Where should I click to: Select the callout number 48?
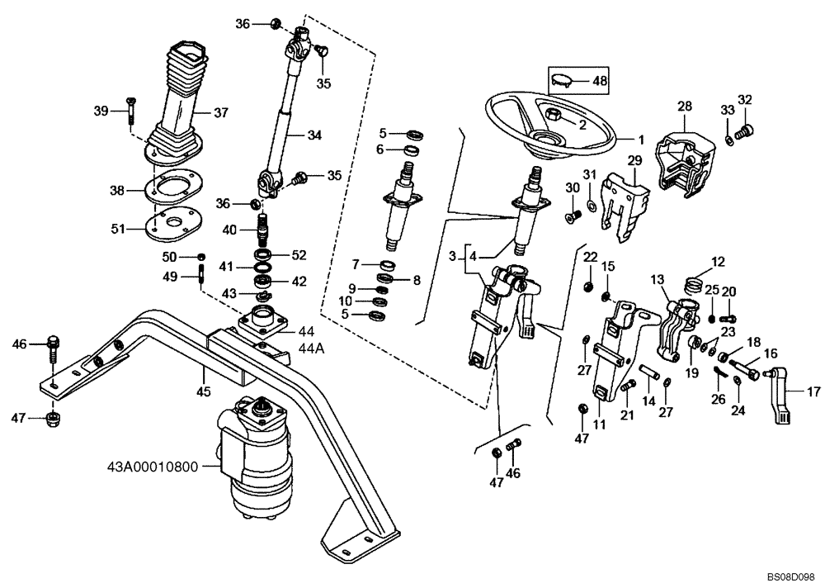click(600, 81)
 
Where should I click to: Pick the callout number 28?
click(685, 107)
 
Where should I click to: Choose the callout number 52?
click(299, 254)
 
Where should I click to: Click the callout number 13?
click(658, 281)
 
